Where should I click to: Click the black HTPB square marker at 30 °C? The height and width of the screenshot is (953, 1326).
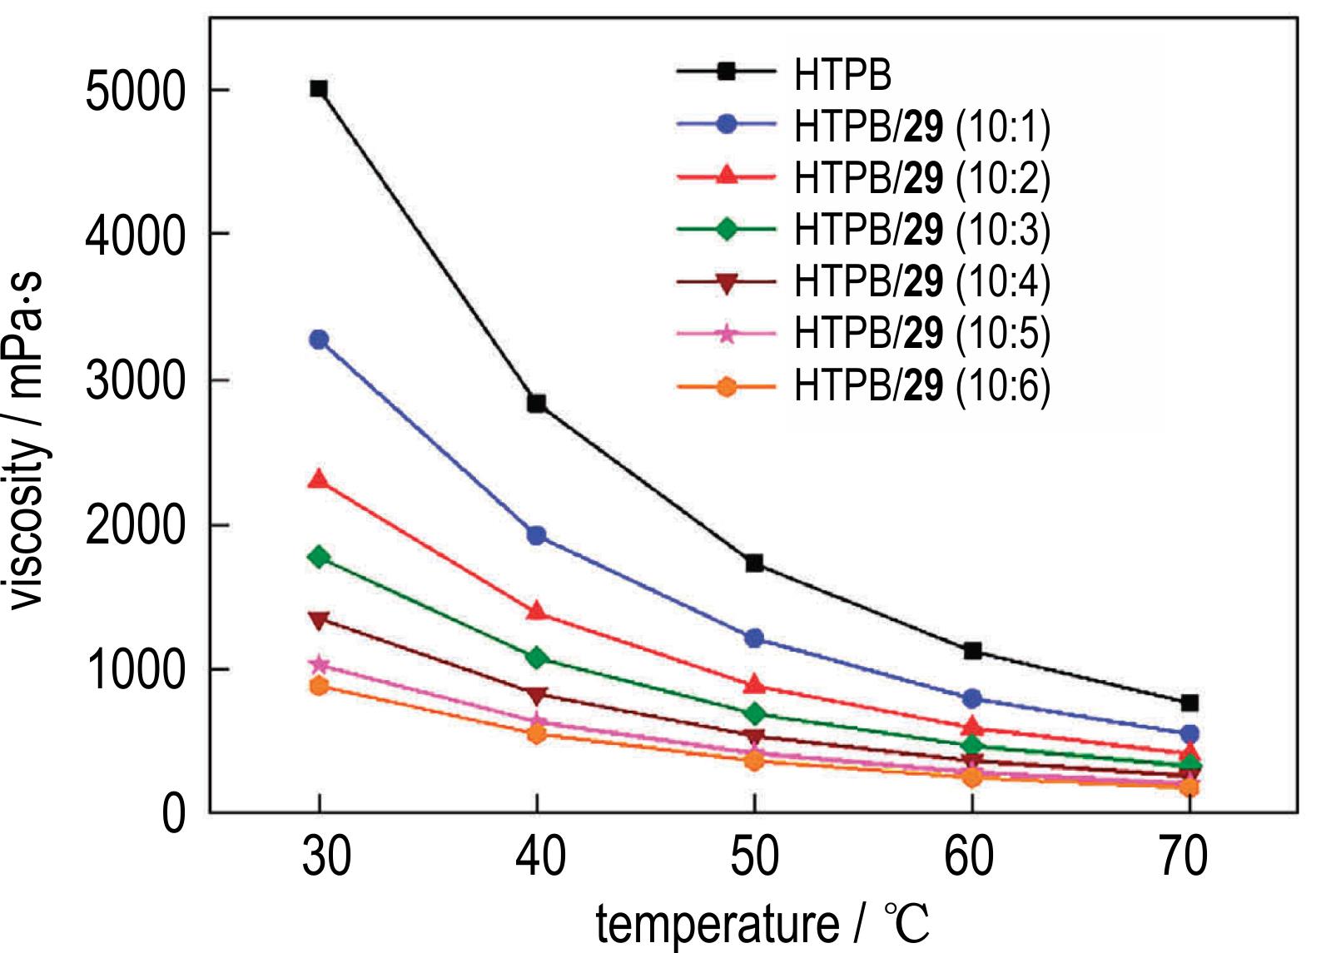pyautogui.click(x=319, y=89)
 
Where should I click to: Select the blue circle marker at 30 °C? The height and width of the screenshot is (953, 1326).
pyautogui.click(x=319, y=340)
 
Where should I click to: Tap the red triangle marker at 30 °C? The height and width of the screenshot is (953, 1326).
pyautogui.click(x=319, y=479)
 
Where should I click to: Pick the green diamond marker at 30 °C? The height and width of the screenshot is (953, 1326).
pyautogui.click(x=319, y=557)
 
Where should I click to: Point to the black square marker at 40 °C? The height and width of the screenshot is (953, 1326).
pyautogui.click(x=537, y=404)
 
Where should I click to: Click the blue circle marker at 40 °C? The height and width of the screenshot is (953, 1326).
pyautogui.click(x=537, y=535)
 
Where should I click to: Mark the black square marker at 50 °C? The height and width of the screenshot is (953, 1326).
pyautogui.click(x=755, y=563)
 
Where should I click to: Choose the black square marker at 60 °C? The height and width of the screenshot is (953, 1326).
pyautogui.click(x=972, y=651)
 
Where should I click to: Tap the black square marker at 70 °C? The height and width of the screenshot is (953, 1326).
pyautogui.click(x=1190, y=703)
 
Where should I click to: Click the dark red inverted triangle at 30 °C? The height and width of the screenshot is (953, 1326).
pyautogui.click(x=319, y=620)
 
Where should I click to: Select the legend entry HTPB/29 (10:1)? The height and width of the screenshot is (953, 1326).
pyautogui.click(x=922, y=126)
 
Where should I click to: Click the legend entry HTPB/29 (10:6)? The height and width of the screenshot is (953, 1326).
pyautogui.click(x=922, y=385)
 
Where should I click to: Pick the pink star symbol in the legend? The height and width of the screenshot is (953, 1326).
pyautogui.click(x=727, y=334)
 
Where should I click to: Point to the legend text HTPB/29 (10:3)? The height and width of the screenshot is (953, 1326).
pyautogui.click(x=922, y=230)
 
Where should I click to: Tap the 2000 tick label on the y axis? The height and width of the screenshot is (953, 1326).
pyautogui.click(x=135, y=526)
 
